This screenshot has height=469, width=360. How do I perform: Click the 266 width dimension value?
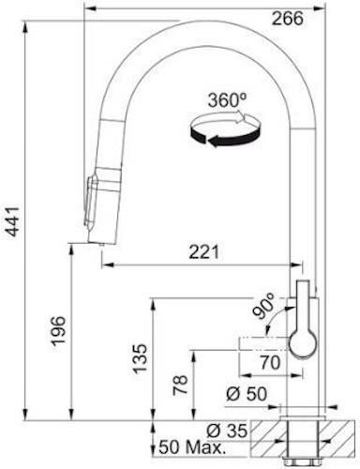pyautogui.click(x=287, y=19)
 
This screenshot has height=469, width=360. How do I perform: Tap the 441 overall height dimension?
pyautogui.click(x=13, y=221)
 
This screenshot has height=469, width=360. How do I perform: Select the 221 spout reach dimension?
pyautogui.click(x=204, y=252)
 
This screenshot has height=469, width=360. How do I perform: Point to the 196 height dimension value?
pyautogui.click(x=58, y=331)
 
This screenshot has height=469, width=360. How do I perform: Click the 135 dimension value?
pyautogui.click(x=140, y=358)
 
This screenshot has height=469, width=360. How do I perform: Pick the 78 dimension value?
pyautogui.click(x=180, y=385)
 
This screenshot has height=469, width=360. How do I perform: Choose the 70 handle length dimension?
pyautogui.click(x=271, y=363)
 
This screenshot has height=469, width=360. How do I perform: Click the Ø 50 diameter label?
pyautogui.click(x=247, y=394)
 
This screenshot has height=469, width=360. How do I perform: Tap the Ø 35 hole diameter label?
pyautogui.click(x=227, y=431)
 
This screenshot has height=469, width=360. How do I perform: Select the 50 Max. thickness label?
pyautogui.click(x=192, y=447)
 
